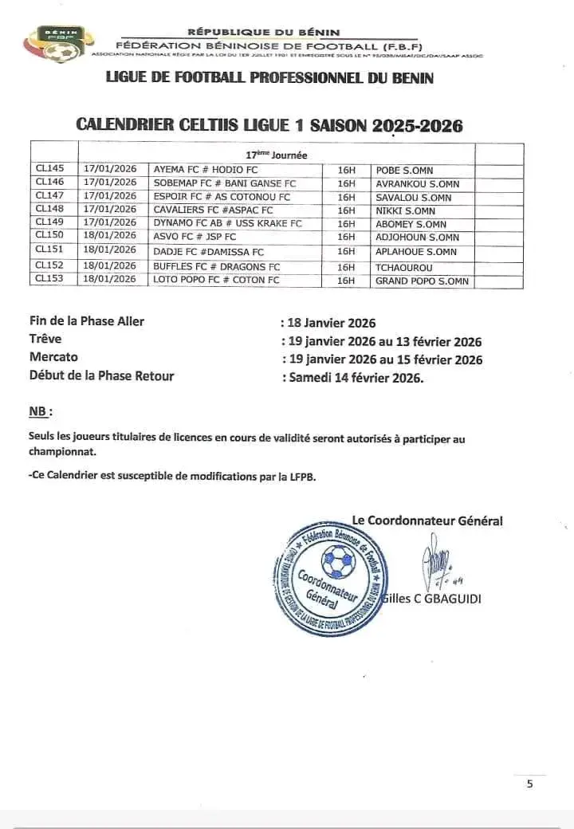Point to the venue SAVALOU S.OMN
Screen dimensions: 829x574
(414, 197)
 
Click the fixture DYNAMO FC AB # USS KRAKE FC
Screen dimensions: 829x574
(227, 224)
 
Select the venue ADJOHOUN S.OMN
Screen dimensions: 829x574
(418, 238)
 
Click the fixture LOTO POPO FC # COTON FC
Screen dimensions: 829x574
(216, 281)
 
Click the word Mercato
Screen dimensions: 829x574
(54, 358)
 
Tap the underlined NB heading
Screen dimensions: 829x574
(39, 411)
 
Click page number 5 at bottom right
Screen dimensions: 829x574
(530, 784)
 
